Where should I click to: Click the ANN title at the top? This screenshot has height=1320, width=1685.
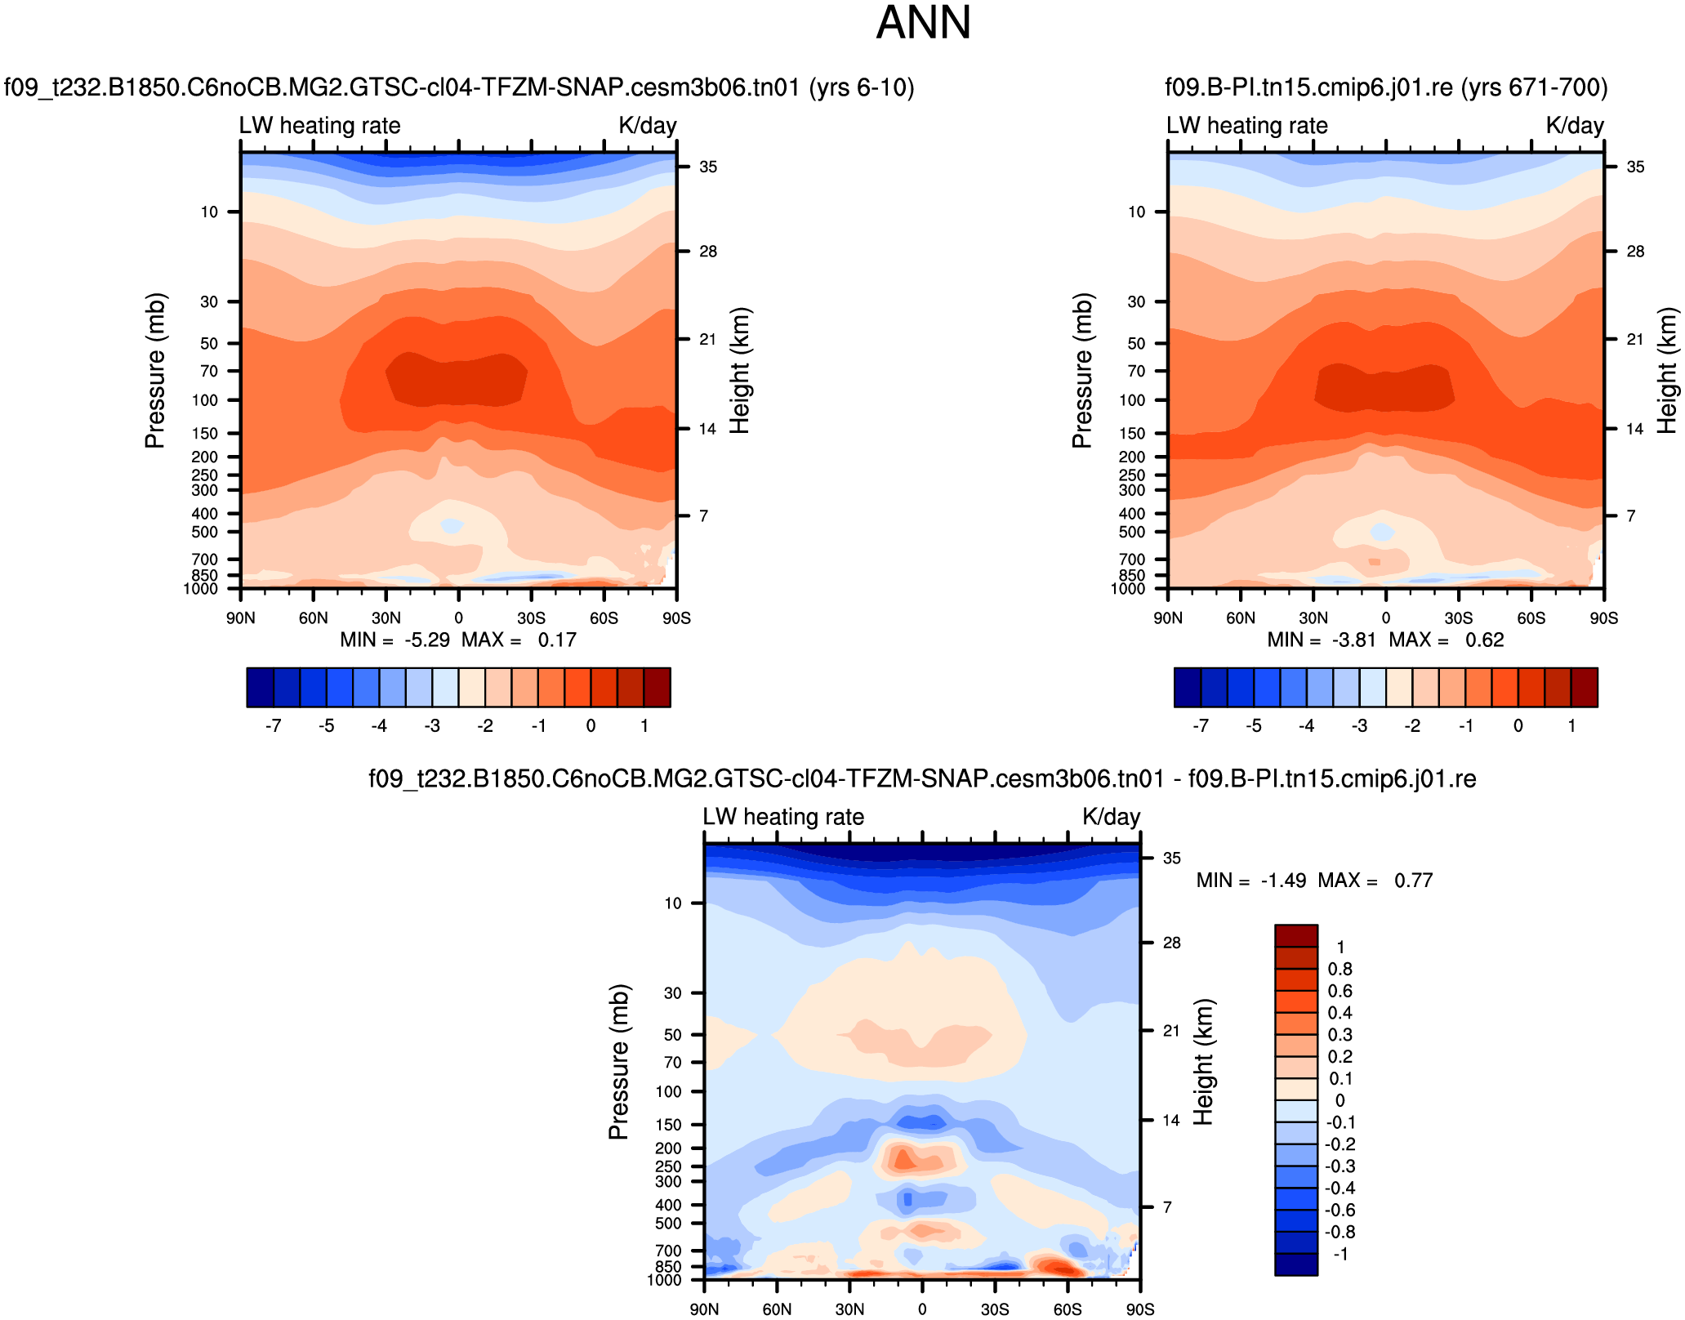[923, 23]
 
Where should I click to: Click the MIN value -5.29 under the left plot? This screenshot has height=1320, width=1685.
[427, 640]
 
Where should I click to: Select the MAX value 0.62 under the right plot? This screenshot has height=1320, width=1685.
[1484, 640]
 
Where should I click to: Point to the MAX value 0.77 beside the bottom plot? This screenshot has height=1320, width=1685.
[1413, 881]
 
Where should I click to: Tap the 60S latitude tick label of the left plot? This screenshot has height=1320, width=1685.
[604, 618]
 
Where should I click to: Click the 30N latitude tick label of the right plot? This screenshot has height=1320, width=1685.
[1313, 618]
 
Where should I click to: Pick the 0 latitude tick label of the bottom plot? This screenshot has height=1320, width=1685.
[922, 1309]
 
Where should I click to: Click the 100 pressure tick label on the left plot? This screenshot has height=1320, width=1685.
[205, 400]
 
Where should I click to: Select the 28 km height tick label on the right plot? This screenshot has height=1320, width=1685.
[1635, 252]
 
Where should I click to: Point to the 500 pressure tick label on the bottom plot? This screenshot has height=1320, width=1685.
[668, 1224]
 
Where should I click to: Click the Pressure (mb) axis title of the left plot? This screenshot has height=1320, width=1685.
[155, 370]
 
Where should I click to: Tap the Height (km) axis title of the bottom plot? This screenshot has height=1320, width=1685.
[1204, 1061]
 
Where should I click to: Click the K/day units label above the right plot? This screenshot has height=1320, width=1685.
[1575, 126]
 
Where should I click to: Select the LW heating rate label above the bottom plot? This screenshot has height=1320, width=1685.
[783, 817]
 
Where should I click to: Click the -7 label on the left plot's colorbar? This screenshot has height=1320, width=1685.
[274, 725]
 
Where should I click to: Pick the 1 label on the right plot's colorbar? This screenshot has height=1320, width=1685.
[1571, 725]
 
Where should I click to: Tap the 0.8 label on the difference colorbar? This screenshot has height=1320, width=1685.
[1340, 970]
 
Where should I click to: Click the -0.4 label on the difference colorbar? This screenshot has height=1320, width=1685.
[1340, 1188]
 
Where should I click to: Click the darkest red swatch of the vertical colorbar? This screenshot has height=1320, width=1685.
[1296, 936]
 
